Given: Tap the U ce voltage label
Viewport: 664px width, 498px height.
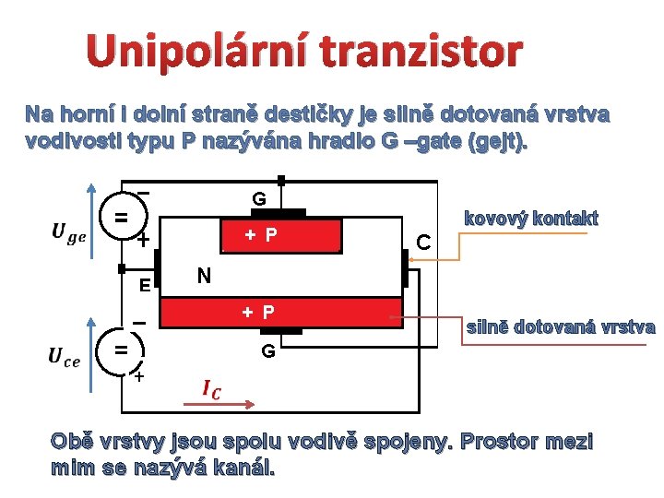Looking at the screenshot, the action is (65, 356).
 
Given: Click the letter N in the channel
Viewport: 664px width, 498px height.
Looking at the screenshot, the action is (205, 275).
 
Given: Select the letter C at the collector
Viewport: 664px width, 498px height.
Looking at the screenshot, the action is (423, 243).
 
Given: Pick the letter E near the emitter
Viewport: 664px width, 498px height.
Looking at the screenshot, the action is (145, 285).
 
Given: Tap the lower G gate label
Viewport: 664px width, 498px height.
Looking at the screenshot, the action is (267, 351).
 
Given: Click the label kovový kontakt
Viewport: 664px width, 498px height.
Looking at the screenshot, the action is (530, 219).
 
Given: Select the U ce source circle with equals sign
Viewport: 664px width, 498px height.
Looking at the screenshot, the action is (120, 351).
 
